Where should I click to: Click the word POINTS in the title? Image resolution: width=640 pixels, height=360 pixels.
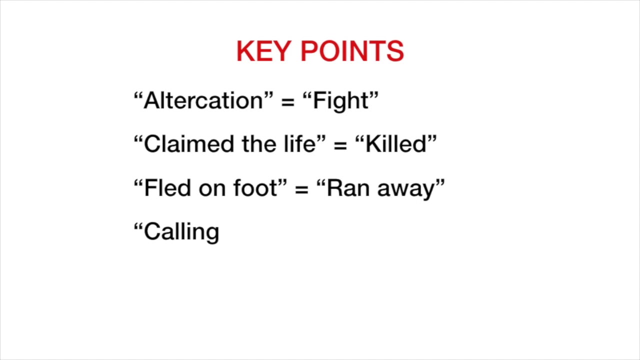[352, 51]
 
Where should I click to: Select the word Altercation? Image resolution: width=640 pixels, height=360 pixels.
[203, 100]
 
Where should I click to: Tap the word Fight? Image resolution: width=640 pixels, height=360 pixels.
[341, 101]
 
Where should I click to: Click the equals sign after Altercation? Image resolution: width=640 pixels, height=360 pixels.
[287, 101]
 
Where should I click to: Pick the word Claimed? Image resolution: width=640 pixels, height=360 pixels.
[189, 144]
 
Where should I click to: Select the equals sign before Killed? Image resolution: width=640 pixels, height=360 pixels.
[340, 145]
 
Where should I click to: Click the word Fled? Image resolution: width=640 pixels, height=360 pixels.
[167, 188]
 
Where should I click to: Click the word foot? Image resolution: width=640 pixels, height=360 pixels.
[255, 188]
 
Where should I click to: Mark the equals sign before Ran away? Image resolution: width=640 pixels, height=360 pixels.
[301, 189]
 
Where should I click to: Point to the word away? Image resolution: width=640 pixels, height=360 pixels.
[406, 190]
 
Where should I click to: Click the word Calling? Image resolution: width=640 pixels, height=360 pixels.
[181, 232]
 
